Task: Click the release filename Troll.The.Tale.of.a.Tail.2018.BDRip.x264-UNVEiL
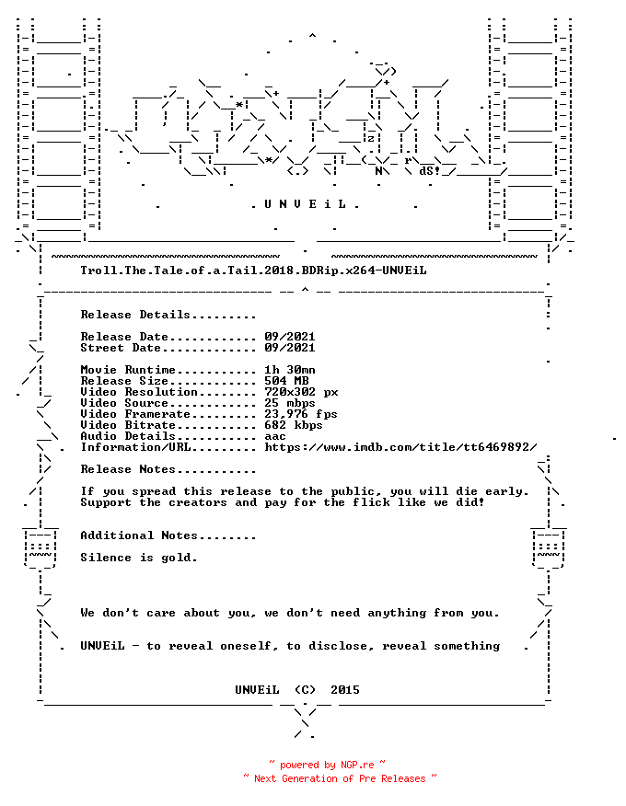point(253,271)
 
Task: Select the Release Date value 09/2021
point(290,337)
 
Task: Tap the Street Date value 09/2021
point(290,348)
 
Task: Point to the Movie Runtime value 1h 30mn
point(290,370)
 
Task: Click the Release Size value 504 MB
point(286,381)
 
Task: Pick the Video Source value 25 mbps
point(290,403)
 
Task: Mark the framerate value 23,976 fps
point(301,414)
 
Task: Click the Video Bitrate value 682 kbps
point(294,425)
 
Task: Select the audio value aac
point(275,436)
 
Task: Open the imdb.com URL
point(400,447)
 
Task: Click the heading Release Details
point(135,315)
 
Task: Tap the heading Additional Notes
point(139,535)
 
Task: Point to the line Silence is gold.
point(139,558)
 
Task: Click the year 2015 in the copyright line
point(345,690)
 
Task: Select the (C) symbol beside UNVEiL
point(305,690)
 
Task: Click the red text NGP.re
point(357,765)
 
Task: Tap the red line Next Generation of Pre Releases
point(340,778)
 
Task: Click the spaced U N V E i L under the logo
point(305,204)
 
